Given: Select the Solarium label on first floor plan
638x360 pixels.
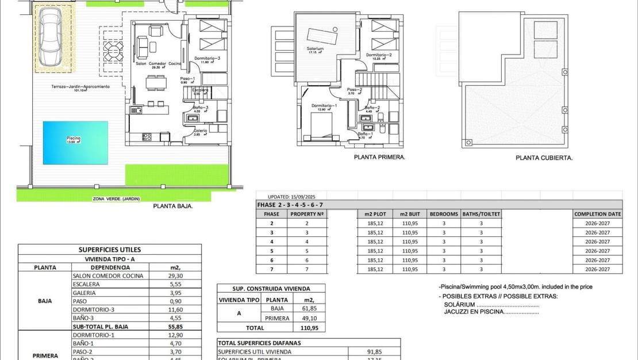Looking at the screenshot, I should (316, 50).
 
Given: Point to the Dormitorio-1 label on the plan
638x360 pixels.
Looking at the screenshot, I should (324, 106).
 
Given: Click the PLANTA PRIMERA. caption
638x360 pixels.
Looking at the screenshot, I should (379, 156).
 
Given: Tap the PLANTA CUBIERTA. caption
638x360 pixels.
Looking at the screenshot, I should (544, 157).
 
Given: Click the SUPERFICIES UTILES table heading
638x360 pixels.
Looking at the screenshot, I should (109, 250).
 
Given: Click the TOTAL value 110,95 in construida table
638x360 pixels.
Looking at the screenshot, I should (309, 327).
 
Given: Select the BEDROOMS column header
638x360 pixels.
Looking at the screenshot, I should (443, 214).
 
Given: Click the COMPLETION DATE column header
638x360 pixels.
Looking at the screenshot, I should (597, 214).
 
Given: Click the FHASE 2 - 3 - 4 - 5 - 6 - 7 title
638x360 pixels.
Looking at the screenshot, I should (290, 205).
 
